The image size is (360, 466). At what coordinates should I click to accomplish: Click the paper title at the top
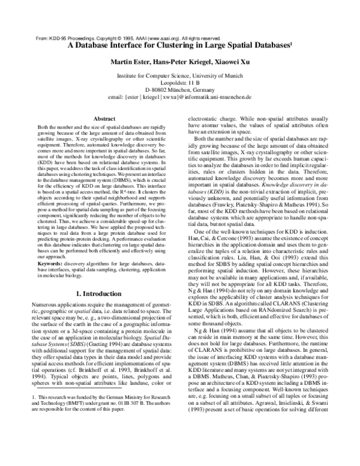pos(179,44)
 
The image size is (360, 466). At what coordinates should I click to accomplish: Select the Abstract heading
pos(106,120)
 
